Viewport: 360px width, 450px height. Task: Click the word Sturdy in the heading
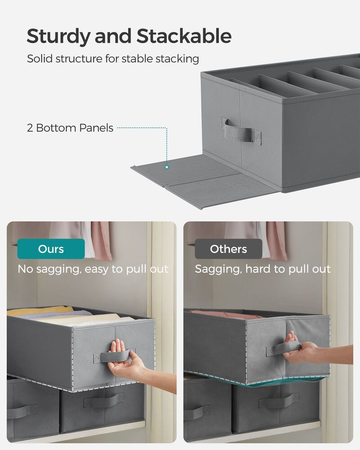coord(58,36)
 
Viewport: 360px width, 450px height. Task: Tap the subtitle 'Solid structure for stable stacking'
coord(113,59)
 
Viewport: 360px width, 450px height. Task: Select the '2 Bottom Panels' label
coord(70,128)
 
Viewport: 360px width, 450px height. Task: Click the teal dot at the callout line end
coord(166,167)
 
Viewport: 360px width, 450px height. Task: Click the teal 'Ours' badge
coord(51,249)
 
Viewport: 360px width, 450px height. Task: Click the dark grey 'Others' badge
coord(228,249)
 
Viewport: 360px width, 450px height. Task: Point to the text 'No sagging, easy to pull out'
coord(93,269)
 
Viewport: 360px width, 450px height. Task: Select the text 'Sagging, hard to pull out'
coord(262,269)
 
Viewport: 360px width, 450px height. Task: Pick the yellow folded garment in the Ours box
coord(40,310)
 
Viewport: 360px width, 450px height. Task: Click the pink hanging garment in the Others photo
coord(276,241)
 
